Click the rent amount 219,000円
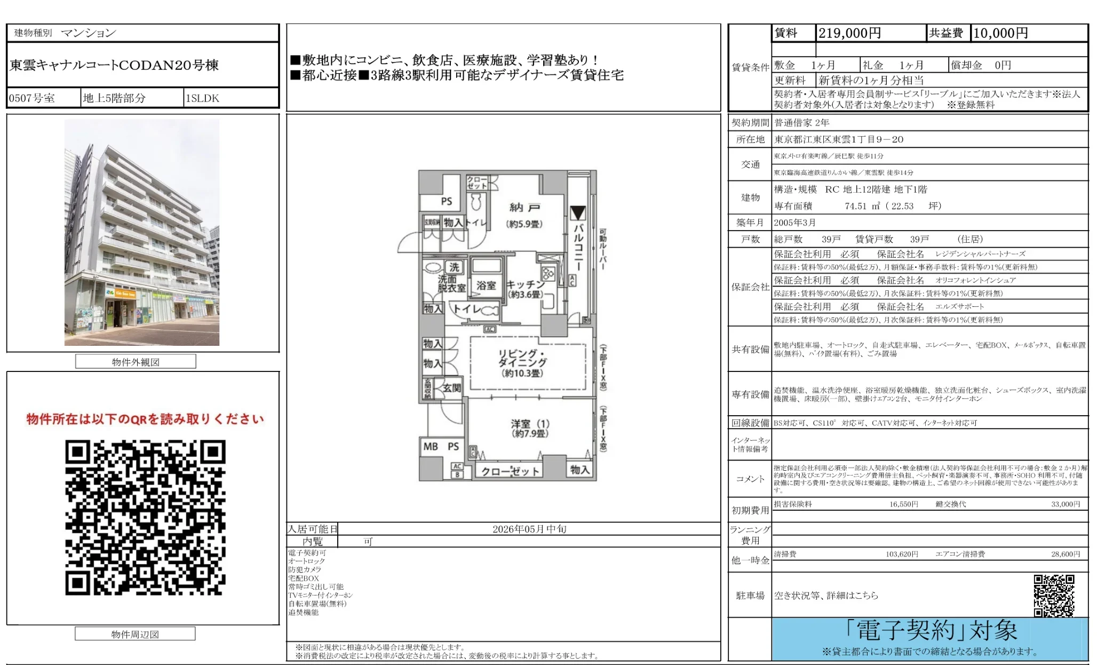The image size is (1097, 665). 849,33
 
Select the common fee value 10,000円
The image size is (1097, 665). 1000,33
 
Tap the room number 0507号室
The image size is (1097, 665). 32,98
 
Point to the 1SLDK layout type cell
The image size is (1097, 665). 202,98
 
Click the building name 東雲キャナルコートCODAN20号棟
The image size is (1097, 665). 114,65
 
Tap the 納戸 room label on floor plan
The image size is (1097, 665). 524,208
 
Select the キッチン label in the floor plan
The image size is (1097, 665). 526,285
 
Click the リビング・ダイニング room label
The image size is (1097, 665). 522,358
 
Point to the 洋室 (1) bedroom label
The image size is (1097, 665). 530,424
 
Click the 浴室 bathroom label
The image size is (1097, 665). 486,286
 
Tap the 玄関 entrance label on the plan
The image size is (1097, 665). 451,388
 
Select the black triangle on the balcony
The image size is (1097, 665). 578,213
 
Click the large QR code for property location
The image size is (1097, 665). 145,517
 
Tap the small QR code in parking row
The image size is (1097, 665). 1053,595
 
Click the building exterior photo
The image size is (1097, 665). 142,232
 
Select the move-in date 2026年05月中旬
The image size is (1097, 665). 529,529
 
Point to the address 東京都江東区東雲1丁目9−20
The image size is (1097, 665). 839,139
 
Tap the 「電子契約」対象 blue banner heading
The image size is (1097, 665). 931,631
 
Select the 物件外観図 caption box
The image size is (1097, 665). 136,362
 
